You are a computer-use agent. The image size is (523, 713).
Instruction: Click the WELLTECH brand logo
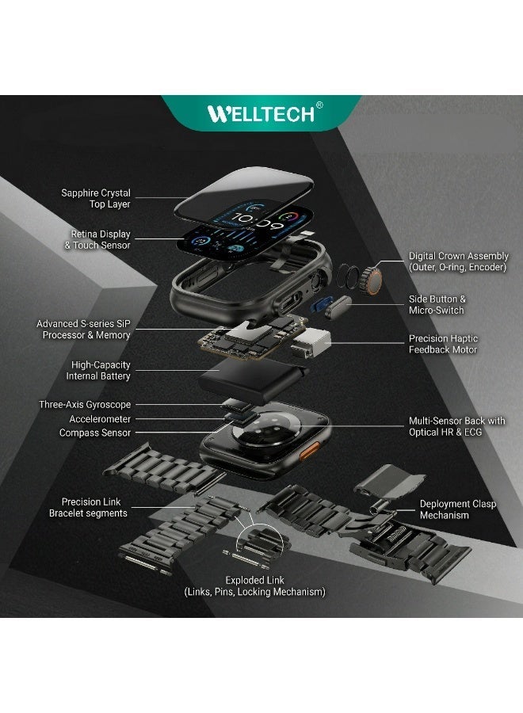coord(261,112)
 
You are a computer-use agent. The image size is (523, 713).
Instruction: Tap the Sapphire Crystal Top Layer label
coord(96,198)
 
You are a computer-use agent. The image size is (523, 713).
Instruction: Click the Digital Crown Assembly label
coord(458,261)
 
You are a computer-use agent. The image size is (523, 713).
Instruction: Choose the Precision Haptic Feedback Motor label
coord(443,344)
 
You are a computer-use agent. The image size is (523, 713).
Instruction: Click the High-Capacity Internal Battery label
coord(101,371)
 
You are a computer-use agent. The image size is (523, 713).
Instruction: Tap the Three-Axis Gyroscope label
coord(85,405)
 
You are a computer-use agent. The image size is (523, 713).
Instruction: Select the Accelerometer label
coord(100,419)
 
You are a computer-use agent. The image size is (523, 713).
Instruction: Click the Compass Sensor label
coord(95,433)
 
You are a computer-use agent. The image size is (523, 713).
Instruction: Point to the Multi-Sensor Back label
coord(456,426)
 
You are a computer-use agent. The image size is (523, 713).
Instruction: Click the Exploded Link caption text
coord(254,586)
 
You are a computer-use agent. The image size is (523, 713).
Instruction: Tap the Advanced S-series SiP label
coord(83,330)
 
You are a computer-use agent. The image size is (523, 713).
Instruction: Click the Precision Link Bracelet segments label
coord(94,507)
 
